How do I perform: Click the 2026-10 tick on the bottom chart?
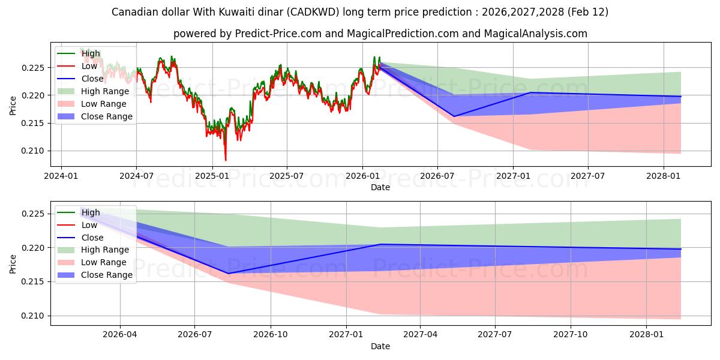(x=270, y=334)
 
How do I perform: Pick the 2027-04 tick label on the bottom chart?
(x=420, y=334)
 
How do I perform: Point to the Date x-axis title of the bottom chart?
(x=380, y=346)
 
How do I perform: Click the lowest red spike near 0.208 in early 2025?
(x=226, y=160)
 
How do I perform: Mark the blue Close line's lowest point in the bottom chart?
(x=228, y=274)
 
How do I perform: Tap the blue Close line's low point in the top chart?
(x=454, y=116)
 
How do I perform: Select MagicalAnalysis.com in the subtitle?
(x=540, y=34)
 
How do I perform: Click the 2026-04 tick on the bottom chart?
(x=120, y=334)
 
